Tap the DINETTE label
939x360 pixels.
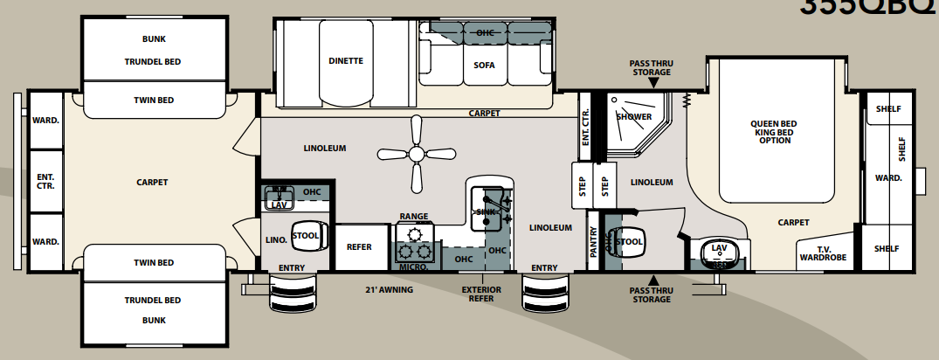(346, 61)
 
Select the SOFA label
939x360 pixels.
(484, 65)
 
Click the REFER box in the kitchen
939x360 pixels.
(359, 247)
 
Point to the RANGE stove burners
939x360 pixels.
(415, 241)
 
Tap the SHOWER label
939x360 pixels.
(633, 116)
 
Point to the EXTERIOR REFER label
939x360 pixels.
(482, 294)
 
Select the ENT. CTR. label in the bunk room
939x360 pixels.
(45, 181)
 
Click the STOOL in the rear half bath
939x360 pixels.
(306, 235)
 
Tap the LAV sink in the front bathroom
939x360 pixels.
(720, 250)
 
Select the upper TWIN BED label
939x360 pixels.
(153, 100)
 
